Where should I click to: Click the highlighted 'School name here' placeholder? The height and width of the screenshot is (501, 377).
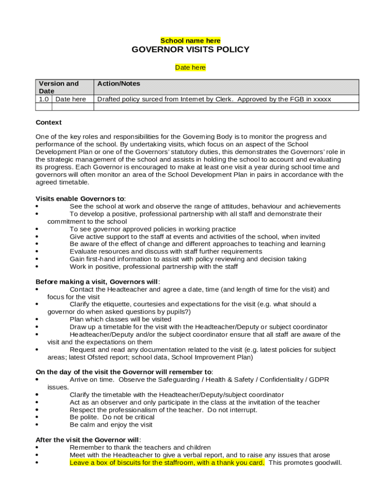190,41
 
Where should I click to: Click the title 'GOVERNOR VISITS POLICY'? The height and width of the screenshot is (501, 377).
190,50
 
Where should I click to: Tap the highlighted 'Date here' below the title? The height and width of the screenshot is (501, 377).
190,68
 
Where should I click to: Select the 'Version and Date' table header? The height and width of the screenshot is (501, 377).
59,87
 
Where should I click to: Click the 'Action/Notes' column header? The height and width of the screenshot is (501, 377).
118,84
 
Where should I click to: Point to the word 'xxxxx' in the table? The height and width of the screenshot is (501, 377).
322,99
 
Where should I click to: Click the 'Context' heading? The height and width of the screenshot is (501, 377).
48,122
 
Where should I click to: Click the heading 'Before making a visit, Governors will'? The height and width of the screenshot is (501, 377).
97,282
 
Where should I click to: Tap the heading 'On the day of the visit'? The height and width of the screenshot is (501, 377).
124,372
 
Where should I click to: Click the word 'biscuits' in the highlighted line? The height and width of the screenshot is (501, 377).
129,462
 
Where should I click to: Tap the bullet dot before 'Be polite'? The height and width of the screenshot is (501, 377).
38,417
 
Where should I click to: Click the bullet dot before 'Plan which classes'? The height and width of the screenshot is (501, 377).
38,319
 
